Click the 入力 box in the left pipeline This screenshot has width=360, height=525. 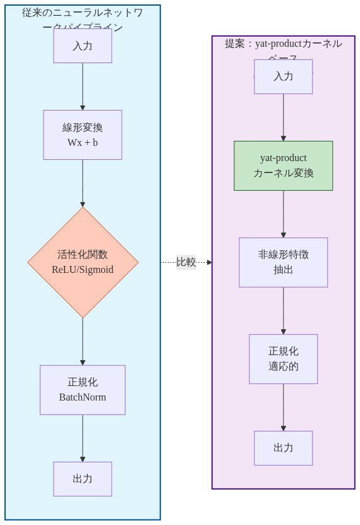82,45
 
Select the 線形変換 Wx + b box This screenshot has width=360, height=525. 82,135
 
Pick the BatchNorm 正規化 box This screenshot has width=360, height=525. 82,390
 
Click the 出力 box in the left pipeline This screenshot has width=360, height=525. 82,479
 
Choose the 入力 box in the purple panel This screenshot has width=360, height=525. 283,76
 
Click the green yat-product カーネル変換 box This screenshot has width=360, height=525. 283,166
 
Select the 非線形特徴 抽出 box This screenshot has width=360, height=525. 283,262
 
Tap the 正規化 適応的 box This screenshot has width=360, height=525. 283,359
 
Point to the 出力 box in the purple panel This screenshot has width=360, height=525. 283,448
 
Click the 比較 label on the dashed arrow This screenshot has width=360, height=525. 186,262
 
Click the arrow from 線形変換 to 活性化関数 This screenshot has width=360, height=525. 83,183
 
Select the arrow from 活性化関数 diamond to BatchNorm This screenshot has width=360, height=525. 83,341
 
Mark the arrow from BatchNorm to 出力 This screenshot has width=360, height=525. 83,438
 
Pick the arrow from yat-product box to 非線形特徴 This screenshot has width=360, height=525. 284,214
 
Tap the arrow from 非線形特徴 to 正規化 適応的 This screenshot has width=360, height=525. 284,310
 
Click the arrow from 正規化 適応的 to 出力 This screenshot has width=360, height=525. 284,407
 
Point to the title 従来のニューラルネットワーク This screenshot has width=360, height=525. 82,13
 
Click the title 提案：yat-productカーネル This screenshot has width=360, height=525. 283,44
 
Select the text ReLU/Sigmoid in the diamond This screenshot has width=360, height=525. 83,270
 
